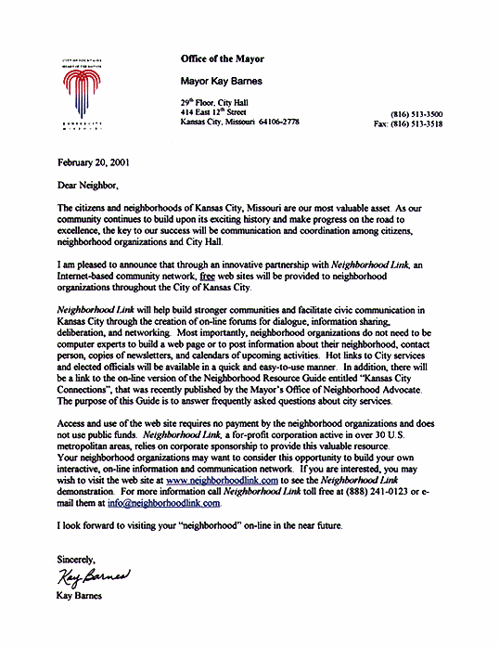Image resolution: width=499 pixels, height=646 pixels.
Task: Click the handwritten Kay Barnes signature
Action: pyautogui.click(x=96, y=580)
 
